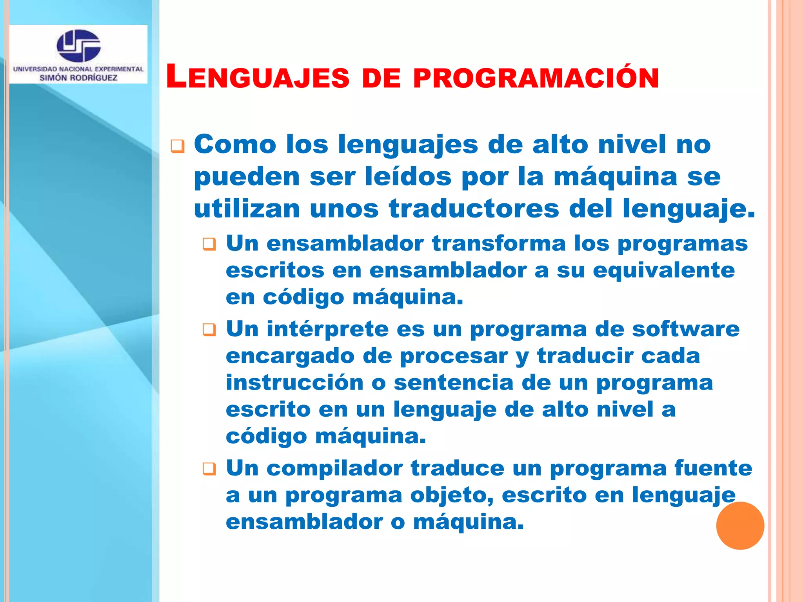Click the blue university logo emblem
(78, 45)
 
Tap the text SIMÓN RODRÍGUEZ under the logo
(78, 78)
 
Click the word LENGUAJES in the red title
(258, 77)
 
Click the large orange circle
(740, 526)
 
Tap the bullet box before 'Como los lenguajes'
(177, 147)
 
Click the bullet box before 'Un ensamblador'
(209, 245)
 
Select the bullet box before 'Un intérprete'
(209, 330)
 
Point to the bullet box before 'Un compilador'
(209, 469)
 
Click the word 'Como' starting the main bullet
(235, 144)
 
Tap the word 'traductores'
(474, 209)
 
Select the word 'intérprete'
(327, 329)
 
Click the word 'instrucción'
(295, 383)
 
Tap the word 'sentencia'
(454, 383)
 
